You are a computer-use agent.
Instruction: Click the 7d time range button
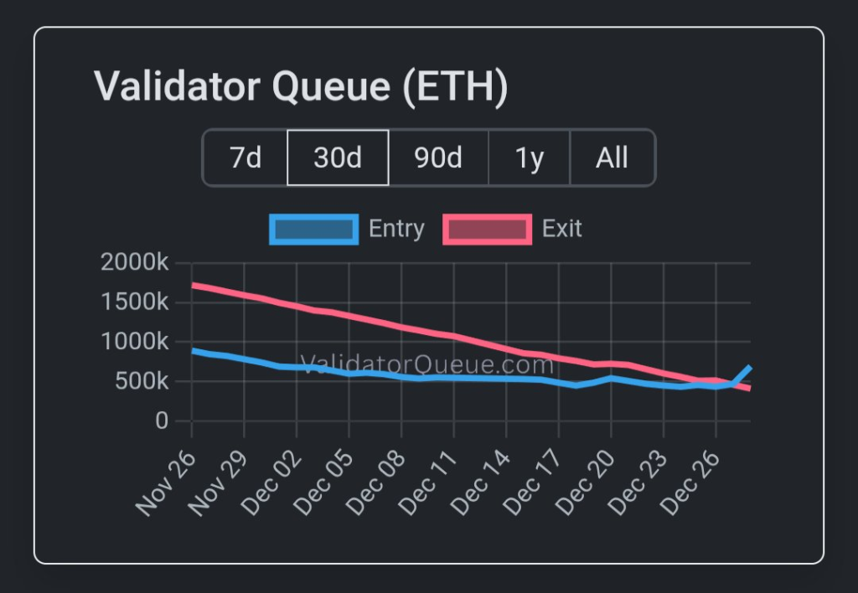(246, 157)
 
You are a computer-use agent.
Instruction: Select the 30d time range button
(338, 157)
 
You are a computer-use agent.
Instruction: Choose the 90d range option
(438, 157)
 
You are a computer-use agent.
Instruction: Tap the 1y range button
(530, 157)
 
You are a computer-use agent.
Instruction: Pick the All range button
(612, 157)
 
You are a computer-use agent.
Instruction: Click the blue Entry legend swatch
(314, 229)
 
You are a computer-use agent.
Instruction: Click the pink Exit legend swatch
(487, 229)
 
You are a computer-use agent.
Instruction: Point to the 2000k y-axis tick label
(134, 262)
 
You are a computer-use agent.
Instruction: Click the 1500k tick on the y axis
(134, 302)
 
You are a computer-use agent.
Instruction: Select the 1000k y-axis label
(134, 342)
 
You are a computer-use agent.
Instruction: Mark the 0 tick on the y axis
(161, 421)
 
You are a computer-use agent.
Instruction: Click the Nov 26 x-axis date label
(166, 484)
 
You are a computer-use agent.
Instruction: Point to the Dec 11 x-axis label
(427, 484)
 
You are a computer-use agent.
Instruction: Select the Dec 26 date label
(689, 484)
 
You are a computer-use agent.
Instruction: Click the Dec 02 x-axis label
(270, 484)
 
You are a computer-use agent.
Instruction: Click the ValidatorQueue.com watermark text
(426, 365)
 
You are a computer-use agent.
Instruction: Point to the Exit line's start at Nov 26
(194, 286)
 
